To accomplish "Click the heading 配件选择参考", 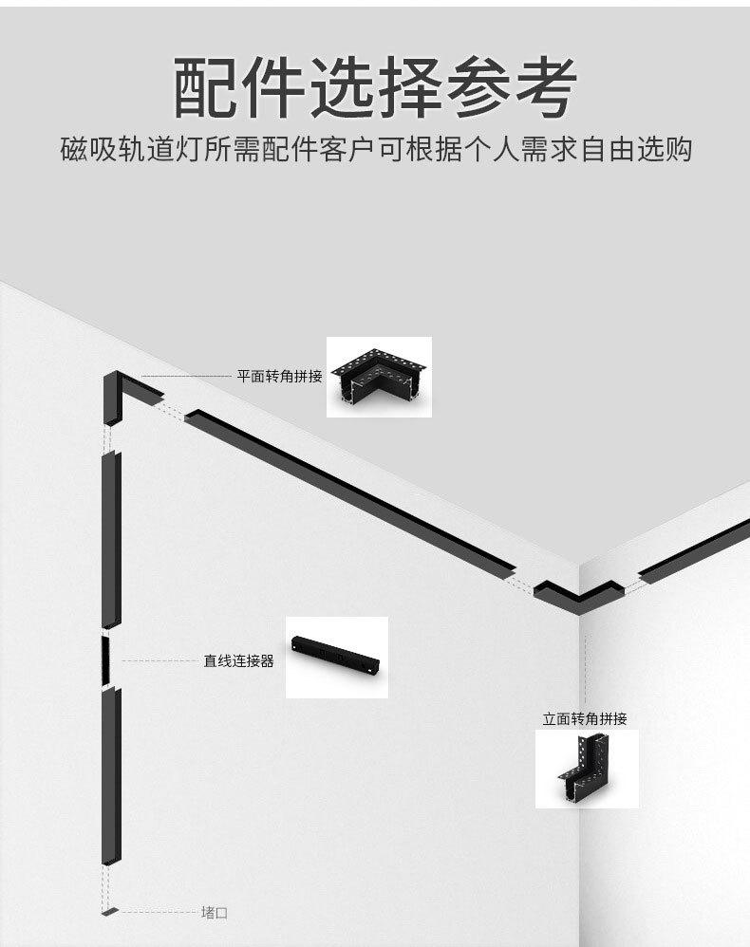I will pos(375,87).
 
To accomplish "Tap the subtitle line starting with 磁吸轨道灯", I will pos(375,150).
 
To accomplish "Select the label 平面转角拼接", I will pos(280,376).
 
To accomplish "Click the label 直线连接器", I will pos(238,660).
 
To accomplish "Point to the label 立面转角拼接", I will pos(585,718).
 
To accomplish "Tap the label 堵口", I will pos(215,913).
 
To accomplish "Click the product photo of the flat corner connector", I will pos(379,377).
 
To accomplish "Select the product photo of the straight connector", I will pos(337,657).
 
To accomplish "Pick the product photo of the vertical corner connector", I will pos(586,769).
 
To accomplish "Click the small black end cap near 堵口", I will pos(110,912).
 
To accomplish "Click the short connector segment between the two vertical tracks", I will pos(106,657).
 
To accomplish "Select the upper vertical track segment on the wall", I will pos(112,539).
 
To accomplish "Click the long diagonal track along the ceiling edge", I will pos(351,493).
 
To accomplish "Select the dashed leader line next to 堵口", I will pos(157,913).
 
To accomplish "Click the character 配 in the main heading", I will pos(205,87).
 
